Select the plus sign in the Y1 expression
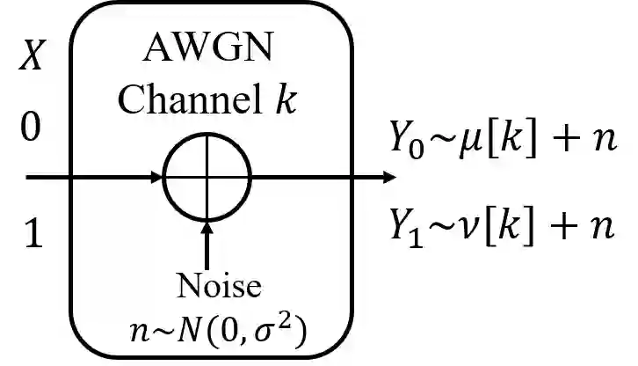[559, 227]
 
